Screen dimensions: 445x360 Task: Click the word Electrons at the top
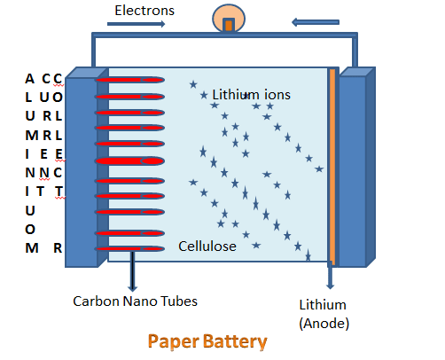pos(144,11)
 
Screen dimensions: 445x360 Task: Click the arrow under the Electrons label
pos(137,24)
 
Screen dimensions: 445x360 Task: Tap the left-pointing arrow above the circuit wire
pos(316,22)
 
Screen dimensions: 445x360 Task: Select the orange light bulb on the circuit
pos(229,19)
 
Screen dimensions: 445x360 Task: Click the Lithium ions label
pos(251,95)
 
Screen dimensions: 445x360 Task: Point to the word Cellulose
pos(207,247)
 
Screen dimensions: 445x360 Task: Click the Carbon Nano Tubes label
pos(135,301)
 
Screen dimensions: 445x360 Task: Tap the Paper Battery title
pos(207,341)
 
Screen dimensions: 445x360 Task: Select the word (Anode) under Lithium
pos(324,324)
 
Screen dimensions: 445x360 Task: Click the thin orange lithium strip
pos(332,167)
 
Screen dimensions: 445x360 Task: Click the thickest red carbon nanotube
pos(129,161)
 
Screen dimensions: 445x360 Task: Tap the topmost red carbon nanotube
pos(129,80)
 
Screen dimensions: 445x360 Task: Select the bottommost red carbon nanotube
pos(129,249)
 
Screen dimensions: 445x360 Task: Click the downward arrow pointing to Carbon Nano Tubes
pos(132,271)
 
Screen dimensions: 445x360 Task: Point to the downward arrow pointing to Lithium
pos(331,277)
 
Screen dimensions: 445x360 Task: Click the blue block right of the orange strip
pos(357,168)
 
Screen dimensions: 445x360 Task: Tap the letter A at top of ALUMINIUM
pos(29,79)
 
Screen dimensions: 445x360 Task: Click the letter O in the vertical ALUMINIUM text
pos(30,230)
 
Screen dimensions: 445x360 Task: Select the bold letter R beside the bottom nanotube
pos(58,248)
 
